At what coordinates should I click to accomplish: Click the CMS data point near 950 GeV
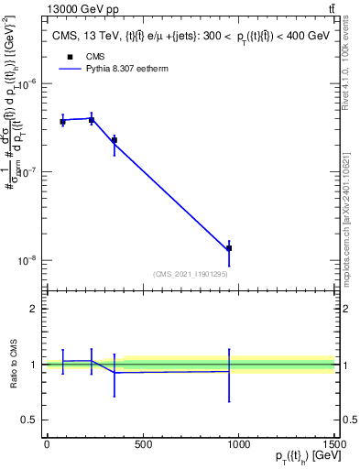tap(229, 248)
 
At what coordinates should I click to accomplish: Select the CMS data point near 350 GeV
tap(114, 140)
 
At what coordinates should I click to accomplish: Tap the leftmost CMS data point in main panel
tap(62, 121)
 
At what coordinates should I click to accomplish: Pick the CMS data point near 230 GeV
tap(92, 120)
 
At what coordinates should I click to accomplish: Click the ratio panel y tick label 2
tap(34, 309)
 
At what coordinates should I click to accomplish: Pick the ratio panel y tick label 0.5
tap(30, 420)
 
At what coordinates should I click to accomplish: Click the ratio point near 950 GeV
tap(229, 371)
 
